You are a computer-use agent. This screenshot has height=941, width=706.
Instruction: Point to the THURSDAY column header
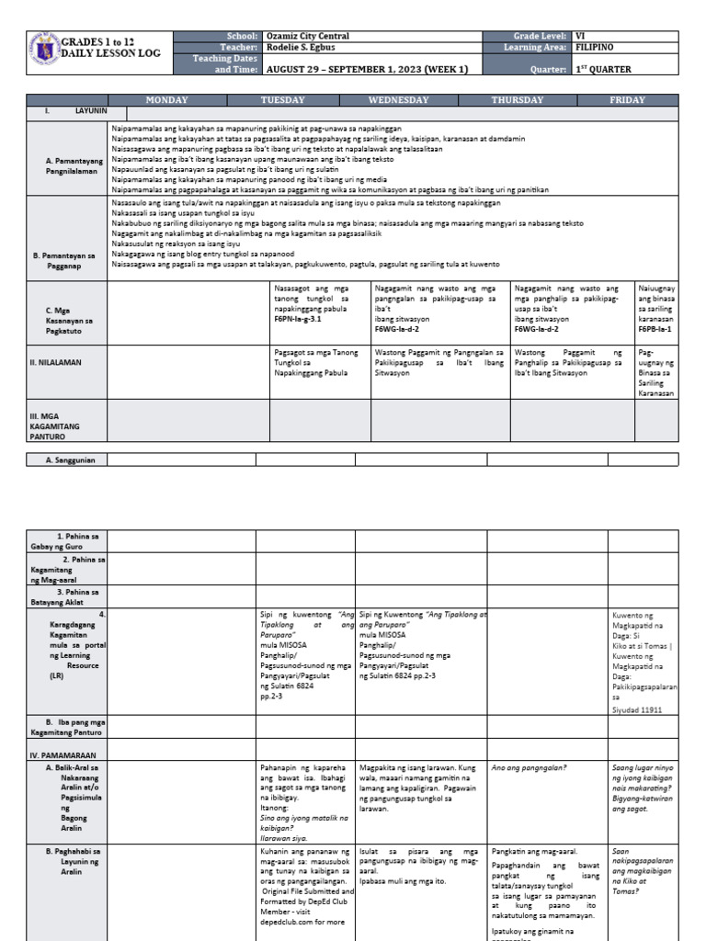tap(517, 100)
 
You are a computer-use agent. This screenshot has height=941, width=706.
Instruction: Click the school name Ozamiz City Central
tap(309, 36)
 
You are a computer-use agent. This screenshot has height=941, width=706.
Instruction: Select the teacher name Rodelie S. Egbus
tap(303, 47)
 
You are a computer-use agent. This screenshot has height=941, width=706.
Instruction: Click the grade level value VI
tap(580, 36)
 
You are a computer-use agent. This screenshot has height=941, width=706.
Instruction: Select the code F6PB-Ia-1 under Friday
tap(655, 328)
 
